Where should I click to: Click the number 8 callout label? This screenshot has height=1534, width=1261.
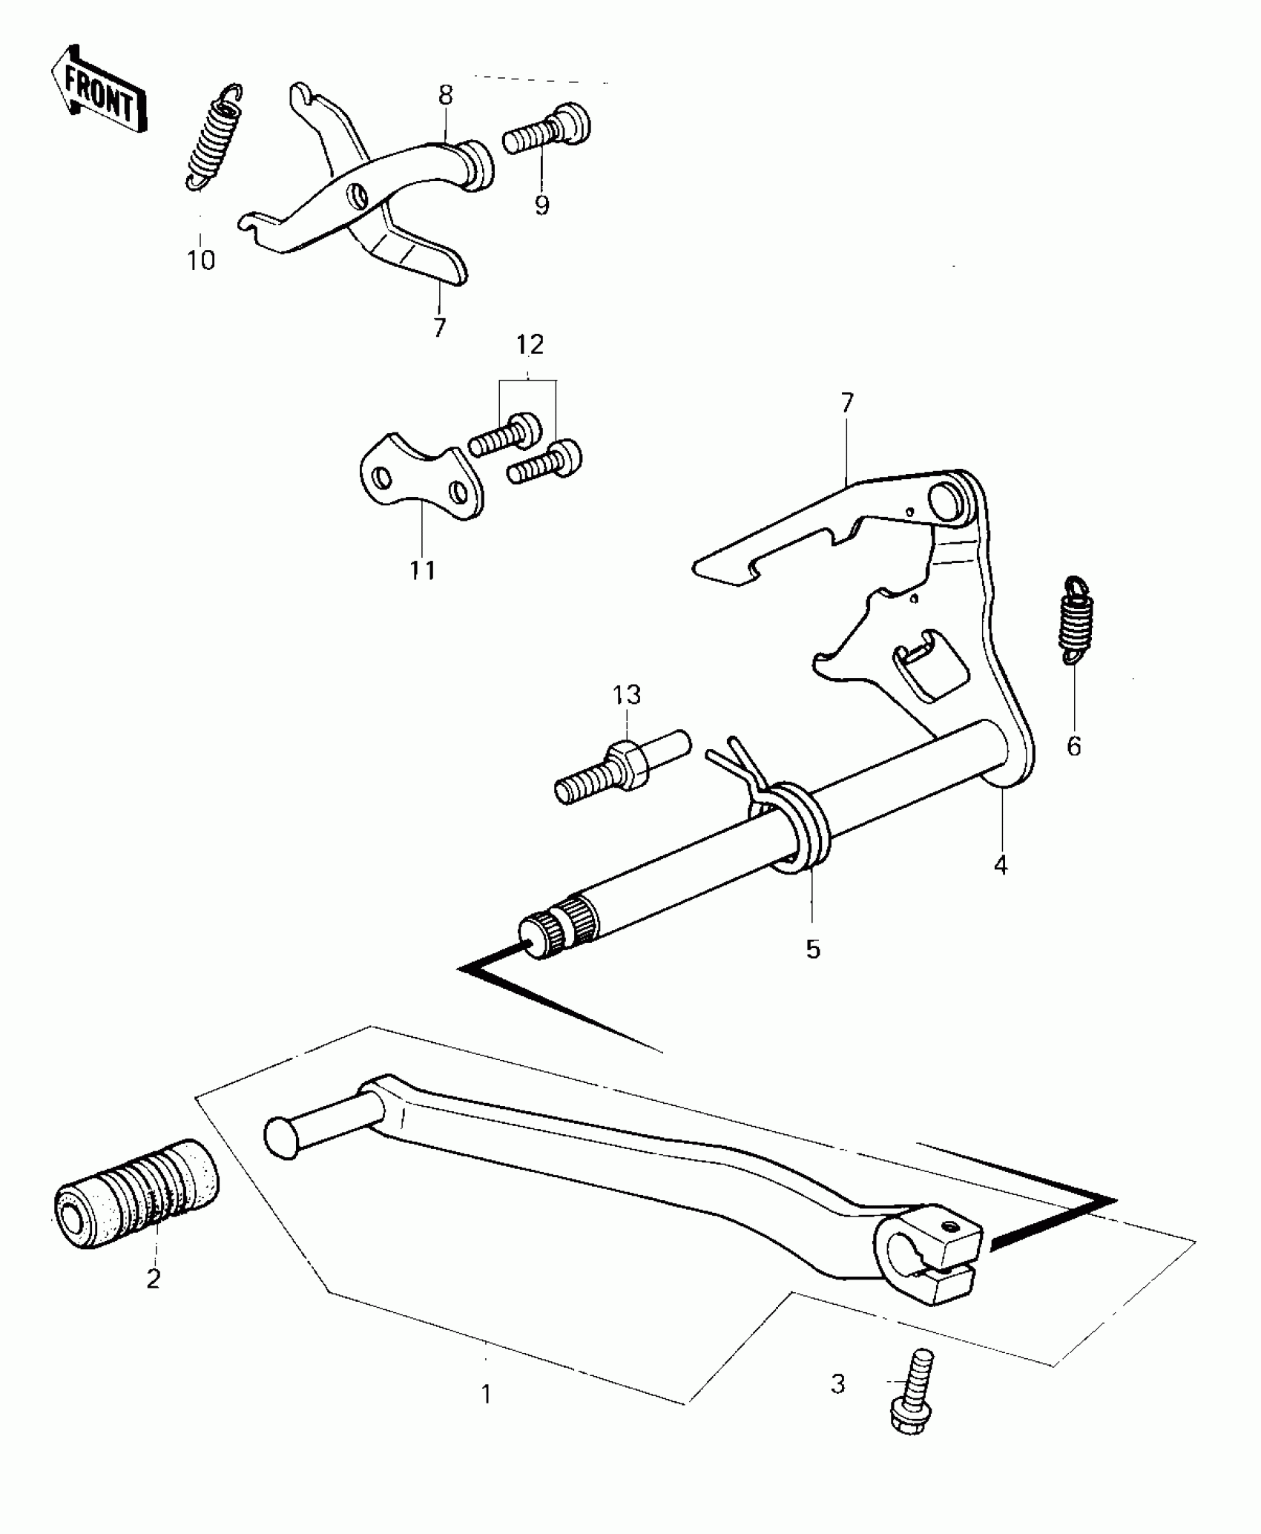pyautogui.click(x=445, y=95)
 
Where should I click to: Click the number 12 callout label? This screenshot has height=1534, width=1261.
pyautogui.click(x=530, y=344)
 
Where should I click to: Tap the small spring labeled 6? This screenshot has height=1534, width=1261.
pyautogui.click(x=1074, y=619)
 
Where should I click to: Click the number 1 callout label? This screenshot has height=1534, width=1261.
pyautogui.click(x=486, y=1395)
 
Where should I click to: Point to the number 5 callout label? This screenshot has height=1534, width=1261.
pyautogui.click(x=813, y=949)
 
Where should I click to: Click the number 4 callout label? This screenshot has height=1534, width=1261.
pyautogui.click(x=1001, y=864)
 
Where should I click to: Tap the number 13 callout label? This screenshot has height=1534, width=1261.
pyautogui.click(x=627, y=695)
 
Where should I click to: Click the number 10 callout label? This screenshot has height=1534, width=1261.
pyautogui.click(x=200, y=260)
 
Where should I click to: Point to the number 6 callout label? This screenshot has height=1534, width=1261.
pyautogui.click(x=1074, y=746)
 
